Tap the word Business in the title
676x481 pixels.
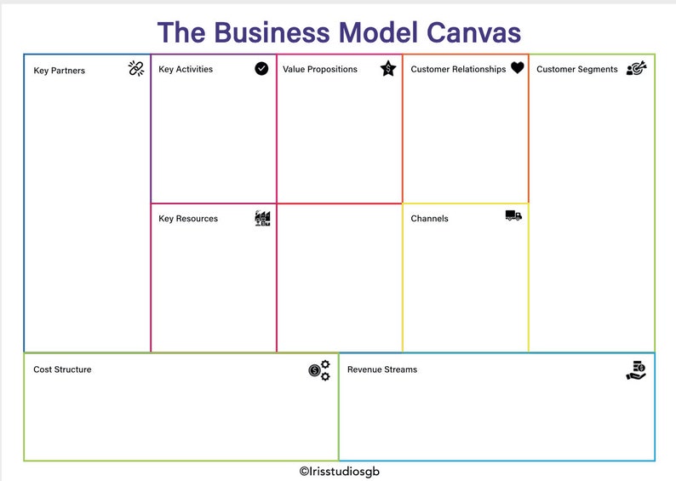pos(270,32)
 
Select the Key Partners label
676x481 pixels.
pos(60,71)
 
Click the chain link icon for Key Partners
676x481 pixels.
pos(136,69)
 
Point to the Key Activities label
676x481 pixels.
pos(186,69)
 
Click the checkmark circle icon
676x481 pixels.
pos(261,68)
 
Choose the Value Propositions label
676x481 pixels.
pos(320,69)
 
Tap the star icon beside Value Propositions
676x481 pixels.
pos(388,68)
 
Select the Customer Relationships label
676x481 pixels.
pos(458,69)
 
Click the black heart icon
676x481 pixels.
pos(518,68)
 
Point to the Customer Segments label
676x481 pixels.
pos(577,69)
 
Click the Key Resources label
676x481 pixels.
pos(188,219)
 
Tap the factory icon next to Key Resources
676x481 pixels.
pos(262,218)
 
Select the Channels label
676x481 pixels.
pos(429,219)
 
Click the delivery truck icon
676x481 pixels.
pos(513,216)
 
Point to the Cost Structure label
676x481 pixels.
pos(62,369)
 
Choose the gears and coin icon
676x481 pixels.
pos(319,370)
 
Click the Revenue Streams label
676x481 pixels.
pos(382,369)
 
